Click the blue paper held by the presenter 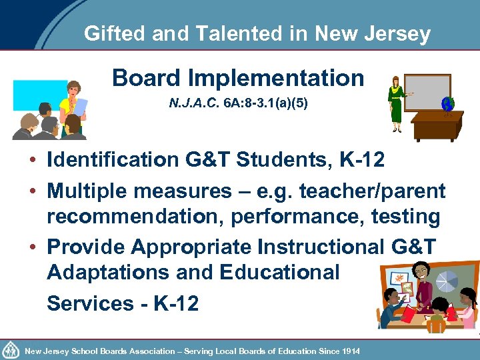point(80,106)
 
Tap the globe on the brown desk point(447,105)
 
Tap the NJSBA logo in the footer point(11,350)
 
